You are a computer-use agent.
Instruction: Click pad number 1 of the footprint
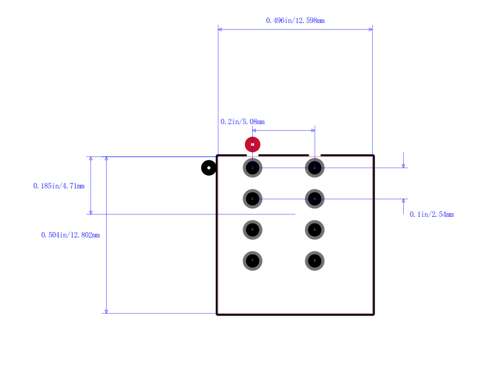coord(252,168)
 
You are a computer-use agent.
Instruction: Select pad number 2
coord(315,168)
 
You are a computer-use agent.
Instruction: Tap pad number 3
coord(252,199)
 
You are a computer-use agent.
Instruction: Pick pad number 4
coord(315,199)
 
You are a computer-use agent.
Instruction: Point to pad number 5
coord(252,230)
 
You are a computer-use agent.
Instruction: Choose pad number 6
coord(315,230)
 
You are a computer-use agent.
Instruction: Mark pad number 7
coord(252,260)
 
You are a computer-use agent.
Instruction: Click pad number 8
coord(315,260)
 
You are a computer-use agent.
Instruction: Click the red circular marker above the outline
coord(252,144)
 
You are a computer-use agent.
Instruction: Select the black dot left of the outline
coord(209,168)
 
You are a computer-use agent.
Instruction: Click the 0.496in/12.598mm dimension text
coord(295,21)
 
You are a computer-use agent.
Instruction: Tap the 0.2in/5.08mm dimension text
coord(242,122)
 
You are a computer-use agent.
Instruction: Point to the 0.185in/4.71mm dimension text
coord(59,186)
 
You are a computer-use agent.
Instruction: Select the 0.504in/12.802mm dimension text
coord(70,235)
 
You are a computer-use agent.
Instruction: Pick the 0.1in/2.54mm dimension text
coord(432,214)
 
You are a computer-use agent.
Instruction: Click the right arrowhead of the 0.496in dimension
coord(370,29)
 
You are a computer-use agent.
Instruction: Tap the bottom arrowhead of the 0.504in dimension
coord(106,311)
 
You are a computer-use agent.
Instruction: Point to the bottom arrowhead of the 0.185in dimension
coord(91,212)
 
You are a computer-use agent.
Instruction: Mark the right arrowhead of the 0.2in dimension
coord(313,130)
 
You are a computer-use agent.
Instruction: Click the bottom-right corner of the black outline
coord(373,314)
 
